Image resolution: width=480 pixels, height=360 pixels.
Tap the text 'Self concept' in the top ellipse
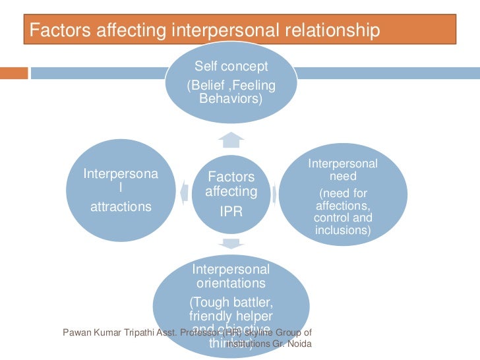(231, 67)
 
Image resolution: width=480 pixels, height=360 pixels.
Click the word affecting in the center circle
(231, 192)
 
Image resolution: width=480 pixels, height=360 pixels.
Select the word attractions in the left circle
(121, 206)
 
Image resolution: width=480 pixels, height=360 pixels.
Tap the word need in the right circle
(343, 176)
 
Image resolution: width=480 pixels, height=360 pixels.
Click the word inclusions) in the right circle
(343, 230)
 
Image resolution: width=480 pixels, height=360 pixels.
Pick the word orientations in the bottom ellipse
(231, 284)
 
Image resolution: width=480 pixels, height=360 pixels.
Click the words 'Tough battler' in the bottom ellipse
(231, 302)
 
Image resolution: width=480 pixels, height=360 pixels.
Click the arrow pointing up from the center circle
(231, 139)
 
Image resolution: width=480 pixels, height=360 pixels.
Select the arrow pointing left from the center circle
(184, 191)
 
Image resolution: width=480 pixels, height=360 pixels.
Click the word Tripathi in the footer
(137, 332)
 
